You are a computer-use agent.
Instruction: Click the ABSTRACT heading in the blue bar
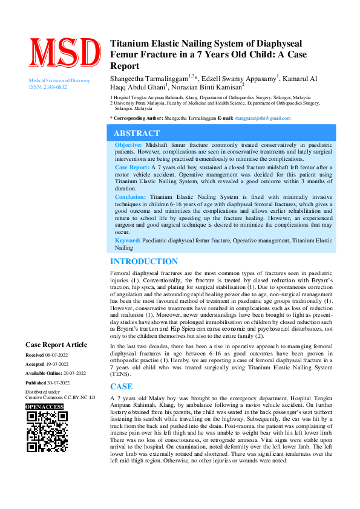[x=137, y=133]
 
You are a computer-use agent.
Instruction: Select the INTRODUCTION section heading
[x=143, y=261]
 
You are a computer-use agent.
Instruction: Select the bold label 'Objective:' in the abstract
[x=129, y=146]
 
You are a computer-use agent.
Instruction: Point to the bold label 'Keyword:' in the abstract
[x=128, y=241]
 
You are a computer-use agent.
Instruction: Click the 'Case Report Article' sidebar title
[x=56, y=344]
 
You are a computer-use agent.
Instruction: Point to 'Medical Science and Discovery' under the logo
[x=60, y=80]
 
